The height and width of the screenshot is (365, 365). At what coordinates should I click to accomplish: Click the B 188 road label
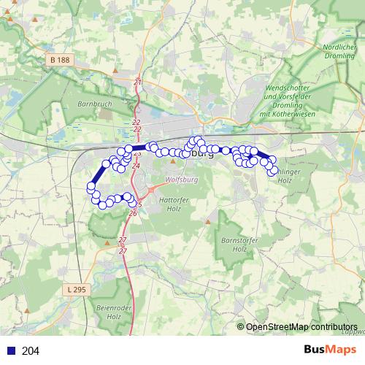click(x=60, y=58)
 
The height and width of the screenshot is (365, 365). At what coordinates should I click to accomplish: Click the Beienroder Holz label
click(x=108, y=312)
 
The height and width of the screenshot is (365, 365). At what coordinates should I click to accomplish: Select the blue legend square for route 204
click(x=9, y=351)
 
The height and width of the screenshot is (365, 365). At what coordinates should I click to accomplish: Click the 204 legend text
click(x=31, y=351)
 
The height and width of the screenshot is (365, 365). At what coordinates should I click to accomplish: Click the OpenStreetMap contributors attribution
click(x=301, y=327)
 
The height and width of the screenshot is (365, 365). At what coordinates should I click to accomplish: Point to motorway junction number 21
click(x=137, y=82)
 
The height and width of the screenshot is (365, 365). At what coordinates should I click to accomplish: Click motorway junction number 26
click(x=132, y=214)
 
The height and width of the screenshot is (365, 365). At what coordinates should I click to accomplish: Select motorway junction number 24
click(x=136, y=166)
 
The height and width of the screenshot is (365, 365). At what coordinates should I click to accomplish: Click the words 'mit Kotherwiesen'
click(x=291, y=115)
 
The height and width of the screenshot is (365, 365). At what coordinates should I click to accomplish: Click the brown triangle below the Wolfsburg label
click(x=173, y=161)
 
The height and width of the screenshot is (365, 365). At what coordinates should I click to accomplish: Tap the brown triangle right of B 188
click(x=115, y=71)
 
